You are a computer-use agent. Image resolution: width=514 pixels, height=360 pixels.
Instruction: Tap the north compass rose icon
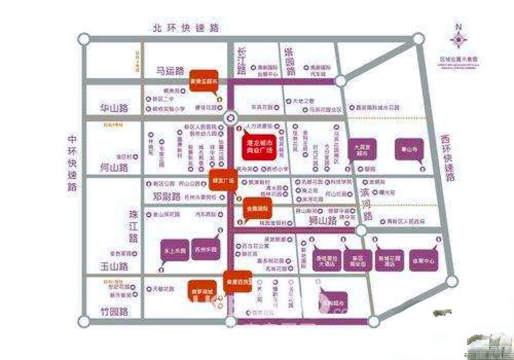pyautogui.click(x=459, y=39)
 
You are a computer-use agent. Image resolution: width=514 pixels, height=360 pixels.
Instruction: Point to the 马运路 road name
pyautogui.click(x=170, y=71)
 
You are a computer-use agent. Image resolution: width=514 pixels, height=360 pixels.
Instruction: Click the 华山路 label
pyautogui.click(x=114, y=108)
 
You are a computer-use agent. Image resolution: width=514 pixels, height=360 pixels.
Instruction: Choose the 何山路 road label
pyautogui.click(x=114, y=167)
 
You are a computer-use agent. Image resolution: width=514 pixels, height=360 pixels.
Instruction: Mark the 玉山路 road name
pyautogui.click(x=114, y=266)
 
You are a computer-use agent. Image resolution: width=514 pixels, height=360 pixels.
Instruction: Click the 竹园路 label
pyautogui.click(x=114, y=312)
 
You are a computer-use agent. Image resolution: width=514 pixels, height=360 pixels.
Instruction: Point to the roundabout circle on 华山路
pyautogui.click(x=230, y=118)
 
